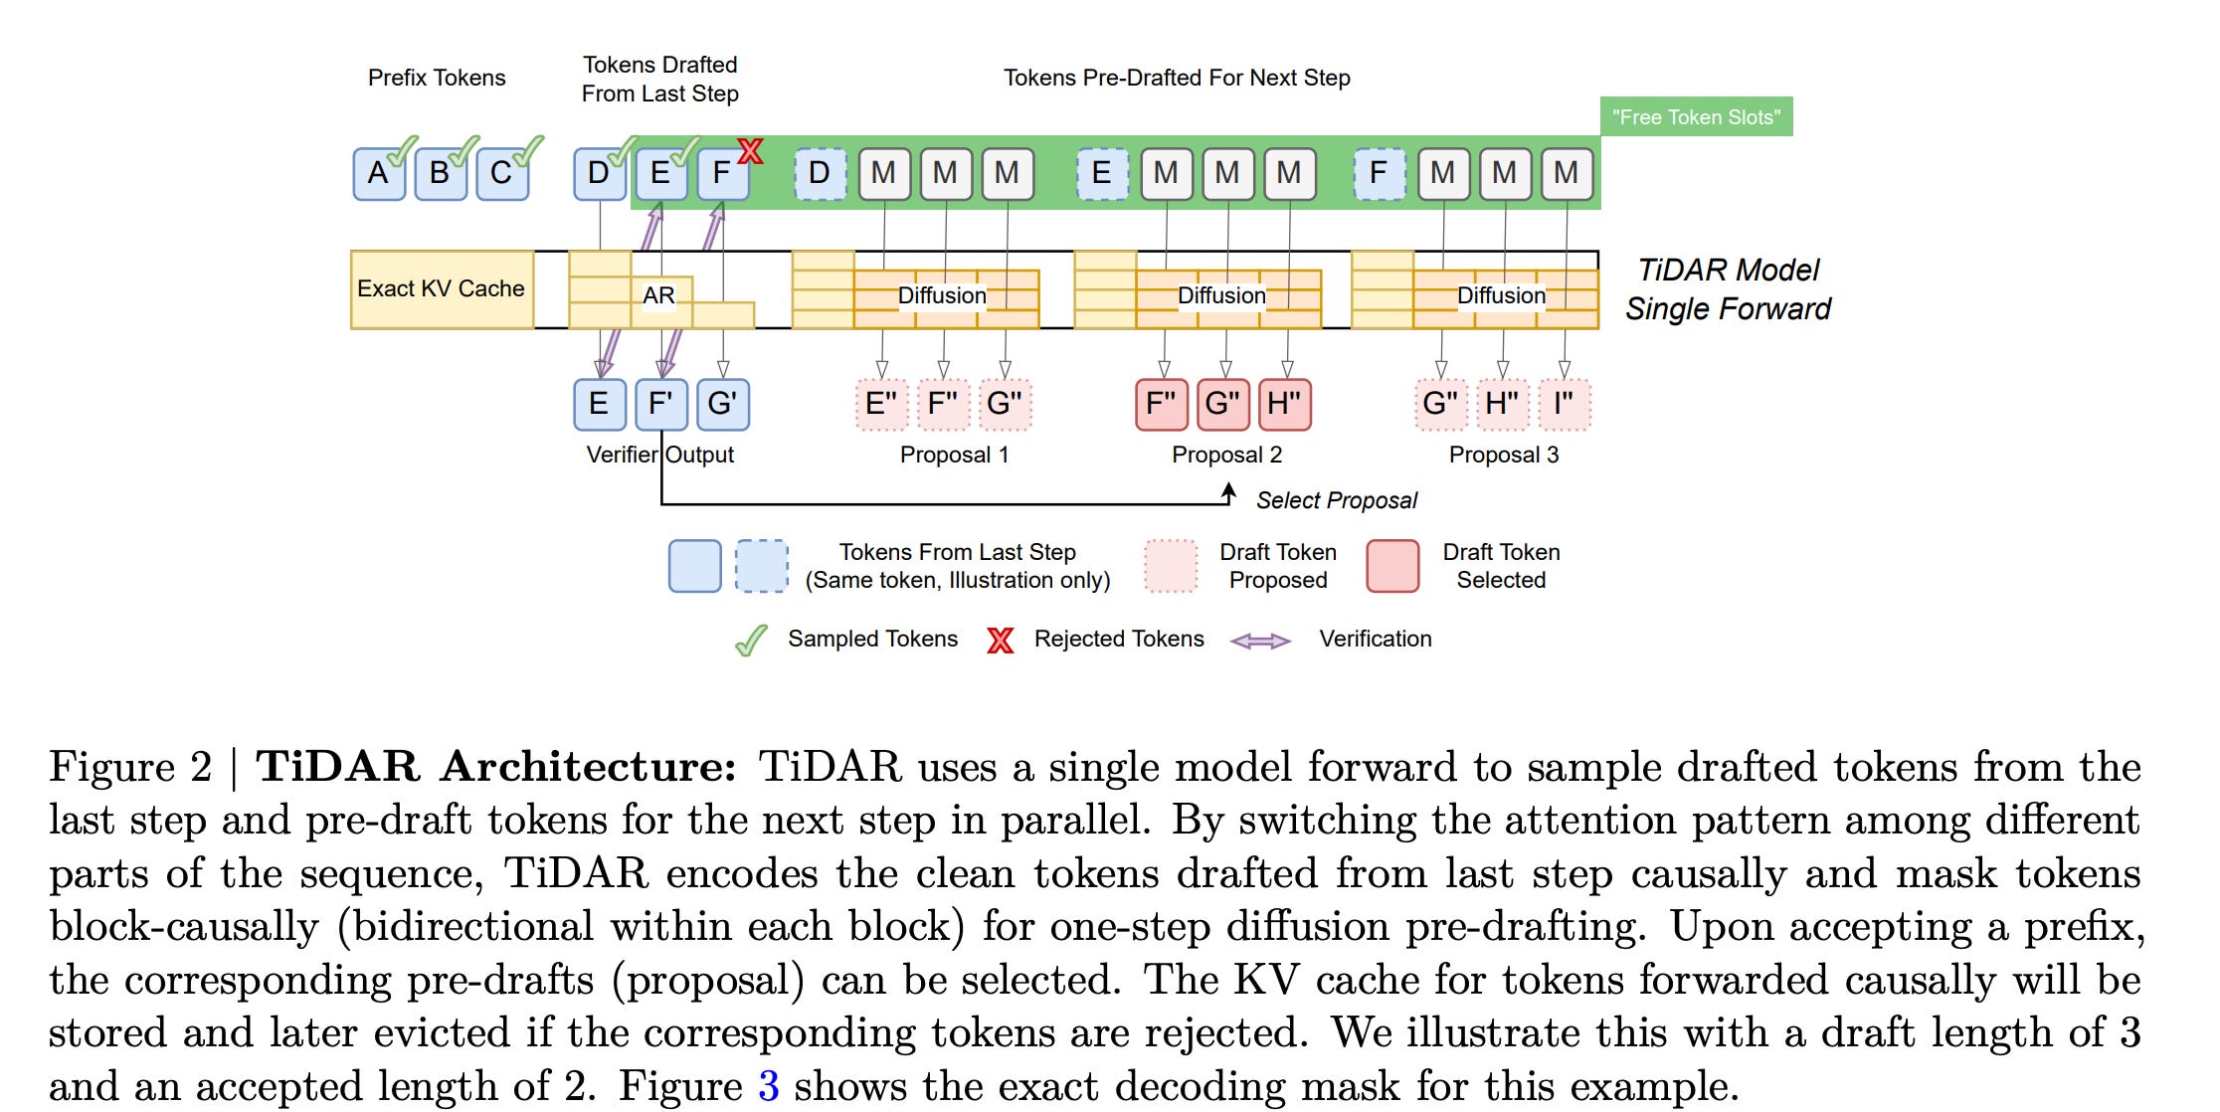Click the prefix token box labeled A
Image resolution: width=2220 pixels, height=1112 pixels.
tap(378, 174)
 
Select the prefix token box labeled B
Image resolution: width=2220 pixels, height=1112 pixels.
tap(440, 174)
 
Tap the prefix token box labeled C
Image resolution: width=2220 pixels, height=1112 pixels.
tap(501, 174)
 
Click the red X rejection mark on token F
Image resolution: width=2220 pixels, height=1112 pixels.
tap(751, 151)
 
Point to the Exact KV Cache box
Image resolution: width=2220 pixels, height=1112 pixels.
tap(442, 289)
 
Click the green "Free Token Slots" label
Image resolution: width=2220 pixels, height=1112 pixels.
tap(1696, 116)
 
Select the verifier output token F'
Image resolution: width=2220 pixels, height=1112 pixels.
tap(660, 405)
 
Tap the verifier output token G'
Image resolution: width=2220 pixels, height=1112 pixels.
tap(722, 405)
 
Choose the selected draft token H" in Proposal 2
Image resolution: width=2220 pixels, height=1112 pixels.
tap(1285, 405)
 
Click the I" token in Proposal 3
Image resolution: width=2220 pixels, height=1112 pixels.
tap(1565, 405)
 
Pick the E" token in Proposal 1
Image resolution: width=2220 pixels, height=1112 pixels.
tap(881, 405)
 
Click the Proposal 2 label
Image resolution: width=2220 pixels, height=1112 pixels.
tap(1226, 455)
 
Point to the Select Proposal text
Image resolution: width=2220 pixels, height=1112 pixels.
tap(1336, 500)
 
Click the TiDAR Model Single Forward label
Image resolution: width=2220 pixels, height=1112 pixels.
tap(1728, 289)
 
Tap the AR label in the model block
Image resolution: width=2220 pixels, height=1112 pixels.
tap(658, 295)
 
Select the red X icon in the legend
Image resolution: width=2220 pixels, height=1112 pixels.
tap(1000, 640)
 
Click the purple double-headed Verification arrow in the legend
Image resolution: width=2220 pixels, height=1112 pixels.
tap(1260, 641)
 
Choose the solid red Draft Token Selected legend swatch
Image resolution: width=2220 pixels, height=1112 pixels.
tap(1392, 566)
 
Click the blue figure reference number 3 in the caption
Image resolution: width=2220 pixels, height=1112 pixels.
tap(768, 1085)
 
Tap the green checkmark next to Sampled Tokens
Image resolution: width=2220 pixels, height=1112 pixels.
tap(751, 641)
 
